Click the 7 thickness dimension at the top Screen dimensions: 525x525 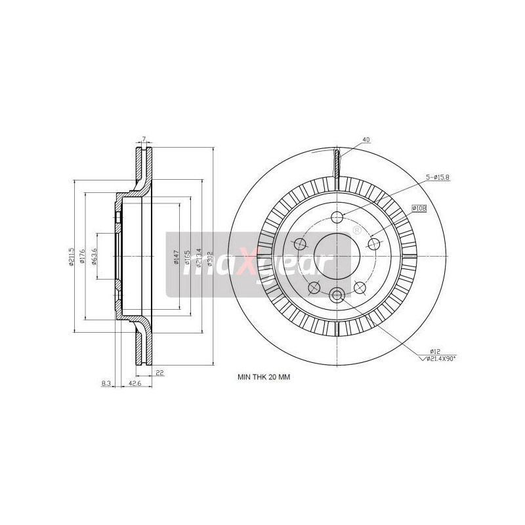tap(143, 140)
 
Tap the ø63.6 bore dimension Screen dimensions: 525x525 tap(94, 256)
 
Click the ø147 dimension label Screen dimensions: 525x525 tap(176, 257)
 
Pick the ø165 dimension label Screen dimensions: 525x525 tap(187, 257)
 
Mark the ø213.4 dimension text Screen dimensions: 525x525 tap(199, 257)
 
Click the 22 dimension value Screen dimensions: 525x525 tap(159, 373)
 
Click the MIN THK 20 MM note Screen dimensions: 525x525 tap(263, 378)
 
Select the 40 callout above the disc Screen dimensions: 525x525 tap(366, 139)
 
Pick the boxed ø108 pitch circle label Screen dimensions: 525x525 tap(419, 208)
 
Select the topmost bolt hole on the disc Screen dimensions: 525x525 tap(337, 218)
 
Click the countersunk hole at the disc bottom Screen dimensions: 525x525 tap(337, 295)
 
